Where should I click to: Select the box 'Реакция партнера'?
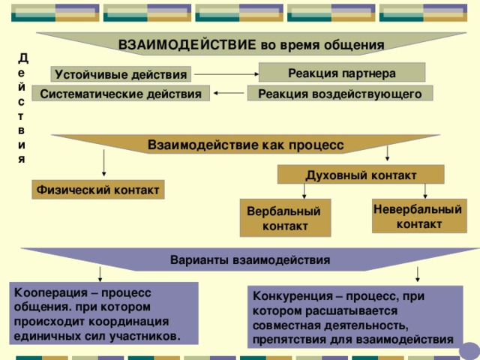click(341, 73)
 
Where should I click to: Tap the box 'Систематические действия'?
click(121, 94)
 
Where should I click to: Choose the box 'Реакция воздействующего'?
click(340, 93)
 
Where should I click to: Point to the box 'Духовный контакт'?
click(360, 175)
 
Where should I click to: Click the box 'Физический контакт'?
click(97, 190)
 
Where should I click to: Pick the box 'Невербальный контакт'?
click(419, 216)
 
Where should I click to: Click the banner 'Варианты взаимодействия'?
click(250, 260)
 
